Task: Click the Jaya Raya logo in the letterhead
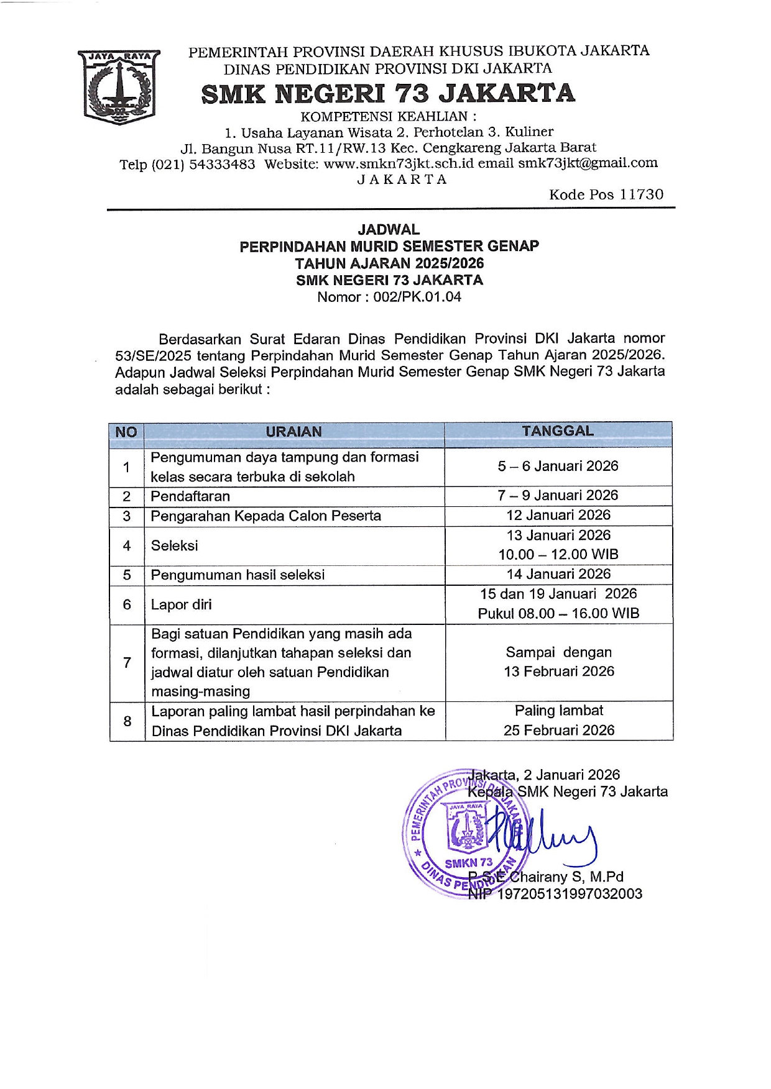coord(118,86)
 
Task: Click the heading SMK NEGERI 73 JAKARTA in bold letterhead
coord(388,94)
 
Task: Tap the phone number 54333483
coord(222,164)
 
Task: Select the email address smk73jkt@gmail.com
coord(588,163)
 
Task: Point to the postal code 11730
coord(642,194)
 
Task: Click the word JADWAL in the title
coord(389,229)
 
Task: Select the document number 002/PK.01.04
coord(417,297)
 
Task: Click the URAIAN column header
coord(293,432)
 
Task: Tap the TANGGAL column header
coord(558,431)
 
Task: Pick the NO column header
coord(126,432)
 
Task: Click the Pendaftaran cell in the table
coord(190,496)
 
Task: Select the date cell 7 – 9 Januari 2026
coord(558,495)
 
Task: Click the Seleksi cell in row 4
coord(175,545)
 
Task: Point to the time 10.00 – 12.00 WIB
coord(558,554)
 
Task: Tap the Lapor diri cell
coord(181,604)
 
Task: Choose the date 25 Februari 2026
coord(558,730)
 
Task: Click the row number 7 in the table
coord(127,662)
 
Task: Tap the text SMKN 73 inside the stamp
coord(468,863)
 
